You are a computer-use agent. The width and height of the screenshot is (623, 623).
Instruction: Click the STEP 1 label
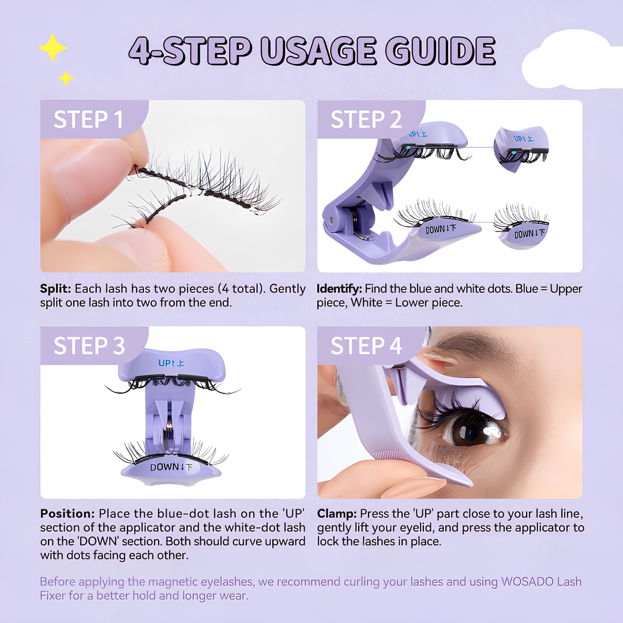click(x=88, y=119)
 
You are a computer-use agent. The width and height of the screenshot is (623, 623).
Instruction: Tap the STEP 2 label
click(x=366, y=119)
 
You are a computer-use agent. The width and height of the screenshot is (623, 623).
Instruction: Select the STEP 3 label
click(x=89, y=346)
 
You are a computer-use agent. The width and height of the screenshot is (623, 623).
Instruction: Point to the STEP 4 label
click(x=366, y=346)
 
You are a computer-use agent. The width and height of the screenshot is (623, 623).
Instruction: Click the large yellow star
click(x=53, y=48)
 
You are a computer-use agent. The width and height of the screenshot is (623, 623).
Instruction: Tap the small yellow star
click(x=66, y=78)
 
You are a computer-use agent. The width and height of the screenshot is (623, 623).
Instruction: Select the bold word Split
click(x=55, y=289)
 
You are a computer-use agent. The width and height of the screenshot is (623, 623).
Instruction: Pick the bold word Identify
click(x=339, y=289)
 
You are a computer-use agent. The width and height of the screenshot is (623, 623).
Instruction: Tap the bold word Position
click(x=67, y=514)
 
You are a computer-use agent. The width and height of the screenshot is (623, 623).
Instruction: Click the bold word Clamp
click(x=337, y=514)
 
